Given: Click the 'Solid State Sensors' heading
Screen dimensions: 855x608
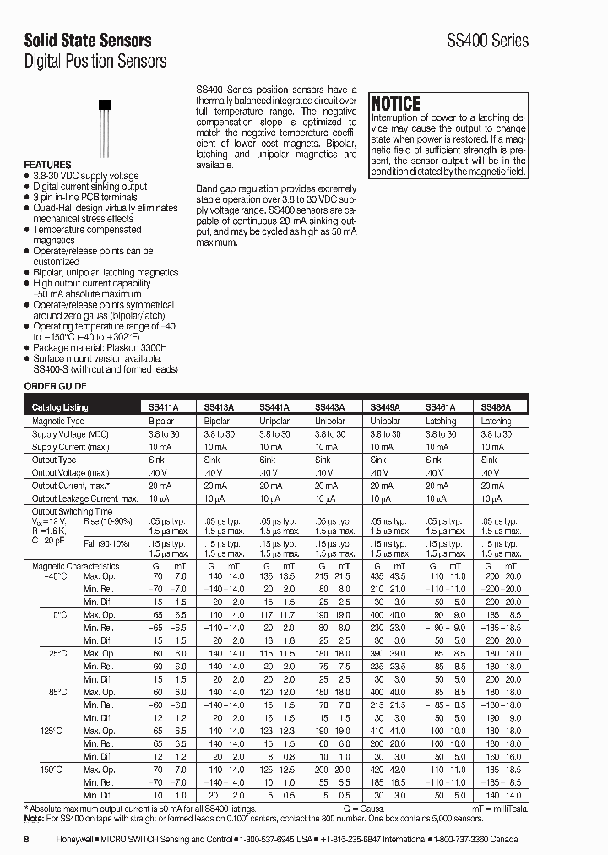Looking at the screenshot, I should [88, 40].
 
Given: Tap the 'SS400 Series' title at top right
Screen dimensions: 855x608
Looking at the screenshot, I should [487, 41].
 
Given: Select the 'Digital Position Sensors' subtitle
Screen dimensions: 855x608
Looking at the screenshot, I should [95, 61].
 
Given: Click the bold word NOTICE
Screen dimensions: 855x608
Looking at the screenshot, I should [396, 104].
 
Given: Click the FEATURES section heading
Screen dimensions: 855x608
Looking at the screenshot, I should [47, 165].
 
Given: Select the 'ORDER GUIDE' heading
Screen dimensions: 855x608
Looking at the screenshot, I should [55, 386].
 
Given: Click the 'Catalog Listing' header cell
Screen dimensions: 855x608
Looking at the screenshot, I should [60, 406].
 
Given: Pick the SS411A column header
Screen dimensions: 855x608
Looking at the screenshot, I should [164, 406].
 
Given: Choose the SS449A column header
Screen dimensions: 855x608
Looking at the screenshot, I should [385, 406].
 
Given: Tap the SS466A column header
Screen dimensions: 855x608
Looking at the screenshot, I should [496, 406].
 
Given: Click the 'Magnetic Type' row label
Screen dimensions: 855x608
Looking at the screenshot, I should [58, 421].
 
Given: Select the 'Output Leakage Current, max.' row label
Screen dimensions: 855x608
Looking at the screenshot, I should [85, 499].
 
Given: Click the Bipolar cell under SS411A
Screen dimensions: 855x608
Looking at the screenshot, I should [161, 421].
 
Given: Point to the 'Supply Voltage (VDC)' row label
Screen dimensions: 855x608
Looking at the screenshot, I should [71, 433].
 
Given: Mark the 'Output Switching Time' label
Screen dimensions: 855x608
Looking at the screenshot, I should [72, 512].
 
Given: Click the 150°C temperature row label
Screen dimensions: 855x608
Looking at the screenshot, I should [52, 770].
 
